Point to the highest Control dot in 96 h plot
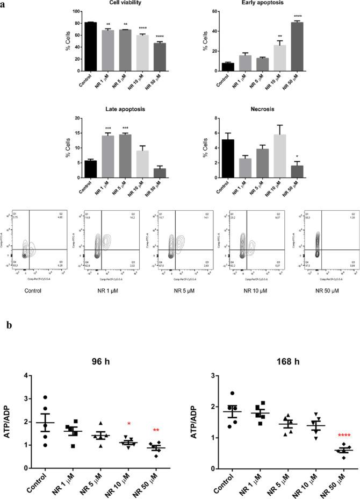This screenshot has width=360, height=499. [x=46, y=397]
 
